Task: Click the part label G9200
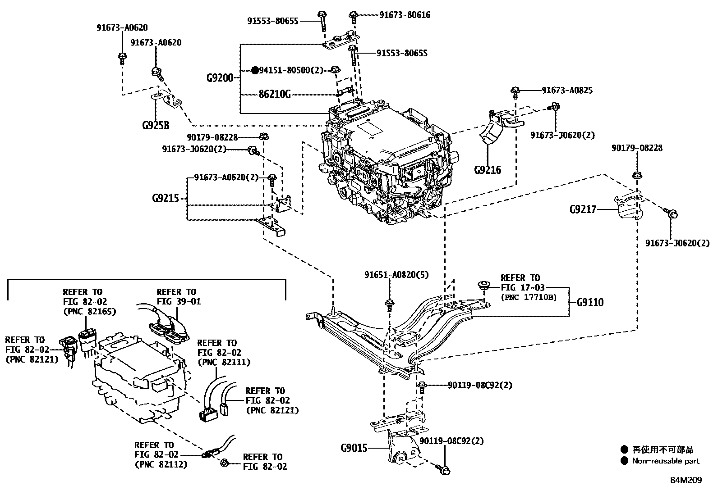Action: click(220, 78)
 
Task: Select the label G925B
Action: click(156, 125)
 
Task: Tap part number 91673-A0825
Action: click(567, 91)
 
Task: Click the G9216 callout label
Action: click(488, 170)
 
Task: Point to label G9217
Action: click(583, 209)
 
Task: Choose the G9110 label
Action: click(590, 302)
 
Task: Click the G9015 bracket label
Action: click(354, 448)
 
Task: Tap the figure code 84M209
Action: click(686, 480)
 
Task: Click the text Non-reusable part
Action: click(665, 461)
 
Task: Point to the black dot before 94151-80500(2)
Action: click(255, 70)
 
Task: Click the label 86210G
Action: click(275, 95)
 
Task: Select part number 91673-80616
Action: click(405, 15)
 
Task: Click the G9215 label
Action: click(166, 198)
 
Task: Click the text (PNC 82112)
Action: click(161, 464)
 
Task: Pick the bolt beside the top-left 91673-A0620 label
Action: click(122, 56)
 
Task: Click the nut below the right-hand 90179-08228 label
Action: click(636, 175)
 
